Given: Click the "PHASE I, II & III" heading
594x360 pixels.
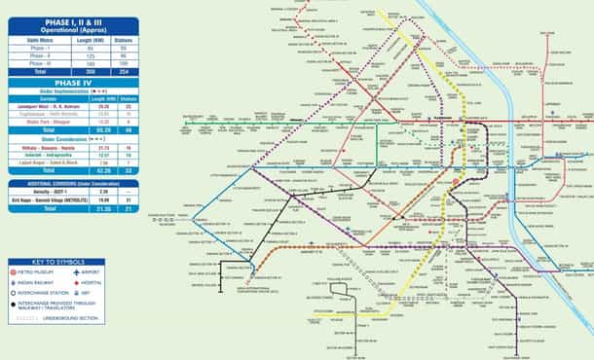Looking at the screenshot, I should click(69, 20).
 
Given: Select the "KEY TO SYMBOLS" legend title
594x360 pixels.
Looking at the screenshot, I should click(69, 262).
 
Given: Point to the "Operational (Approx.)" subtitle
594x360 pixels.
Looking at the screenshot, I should click(69, 29).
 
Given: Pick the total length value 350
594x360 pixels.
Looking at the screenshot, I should click(91, 72).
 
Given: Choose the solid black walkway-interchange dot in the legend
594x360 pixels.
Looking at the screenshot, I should click(13, 303).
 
